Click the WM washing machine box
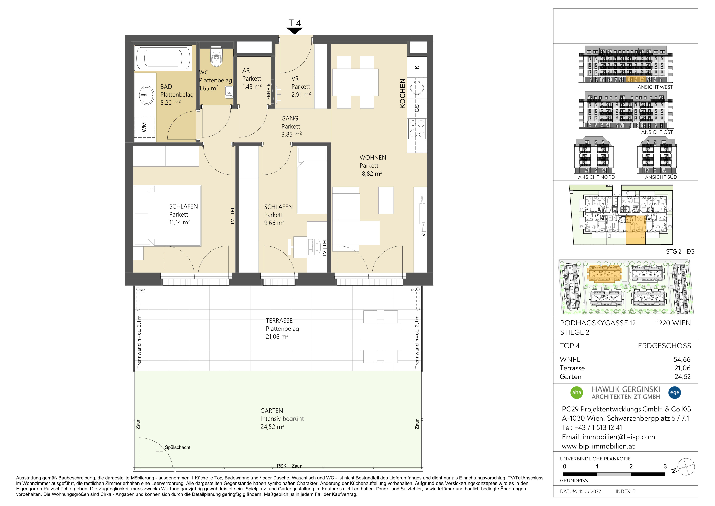pos(144,127)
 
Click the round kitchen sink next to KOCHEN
pos(417,88)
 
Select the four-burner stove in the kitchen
pos(417,129)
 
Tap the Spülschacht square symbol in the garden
pos(159,448)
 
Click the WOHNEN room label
pos(373,158)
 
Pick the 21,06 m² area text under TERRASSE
pos(277,337)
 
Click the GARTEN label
pos(271,411)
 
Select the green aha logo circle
pos(577,393)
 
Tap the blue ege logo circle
pos(675,393)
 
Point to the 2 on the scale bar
pos(631,466)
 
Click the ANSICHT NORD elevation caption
pos(596,177)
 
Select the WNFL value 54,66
pos(682,360)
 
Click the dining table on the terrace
pos(381,337)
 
